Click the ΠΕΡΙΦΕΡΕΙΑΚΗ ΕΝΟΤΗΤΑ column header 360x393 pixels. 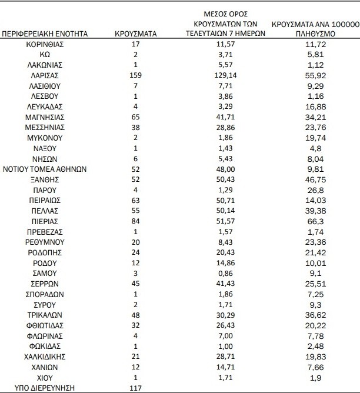[45, 34]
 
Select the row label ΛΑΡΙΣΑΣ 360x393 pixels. [45, 76]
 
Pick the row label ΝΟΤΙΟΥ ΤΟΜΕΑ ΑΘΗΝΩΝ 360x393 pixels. [45, 168]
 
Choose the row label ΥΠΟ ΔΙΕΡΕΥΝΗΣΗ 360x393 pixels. [45, 388]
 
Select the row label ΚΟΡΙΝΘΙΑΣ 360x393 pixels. [45, 45]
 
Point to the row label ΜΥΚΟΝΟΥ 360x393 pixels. [45, 136]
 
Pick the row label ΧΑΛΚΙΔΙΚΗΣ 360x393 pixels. [45, 356]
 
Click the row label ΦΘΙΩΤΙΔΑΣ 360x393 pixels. [45, 325]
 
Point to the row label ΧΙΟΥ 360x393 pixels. [45, 377]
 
